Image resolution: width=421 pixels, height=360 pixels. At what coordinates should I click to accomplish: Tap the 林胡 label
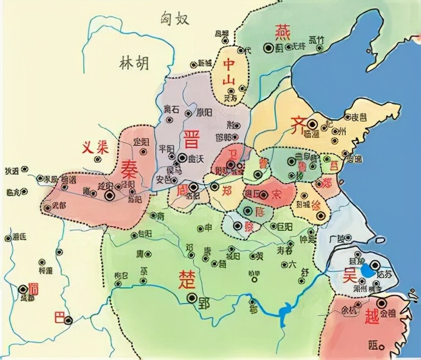(x=134, y=62)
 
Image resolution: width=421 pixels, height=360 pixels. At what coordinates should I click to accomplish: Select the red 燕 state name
(x=281, y=31)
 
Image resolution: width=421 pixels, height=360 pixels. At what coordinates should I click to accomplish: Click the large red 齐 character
(x=297, y=125)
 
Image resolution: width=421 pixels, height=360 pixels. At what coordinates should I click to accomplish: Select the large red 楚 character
(x=186, y=277)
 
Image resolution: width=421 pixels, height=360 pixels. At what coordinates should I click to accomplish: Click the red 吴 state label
(x=349, y=276)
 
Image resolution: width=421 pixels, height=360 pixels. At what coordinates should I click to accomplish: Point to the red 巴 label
(x=58, y=316)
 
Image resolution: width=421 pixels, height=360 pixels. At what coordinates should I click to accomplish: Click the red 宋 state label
(x=277, y=194)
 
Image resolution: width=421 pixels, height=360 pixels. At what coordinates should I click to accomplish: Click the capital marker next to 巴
(x=70, y=320)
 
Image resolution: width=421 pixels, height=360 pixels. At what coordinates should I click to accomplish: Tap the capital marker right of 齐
(x=312, y=124)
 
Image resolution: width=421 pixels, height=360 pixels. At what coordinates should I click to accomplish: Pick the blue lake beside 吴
(x=367, y=271)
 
